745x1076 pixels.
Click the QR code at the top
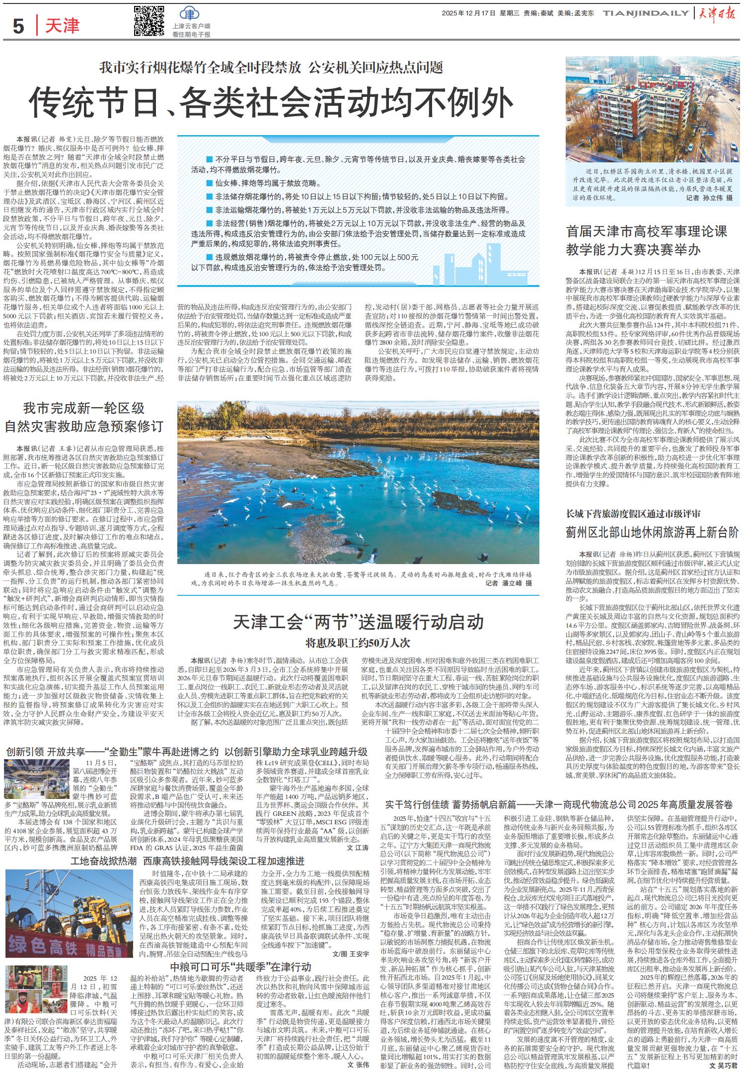pos(149,21)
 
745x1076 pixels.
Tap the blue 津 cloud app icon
pos(188,14)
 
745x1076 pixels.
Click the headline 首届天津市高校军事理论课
pos(647,231)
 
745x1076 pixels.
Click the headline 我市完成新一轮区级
pos(84,409)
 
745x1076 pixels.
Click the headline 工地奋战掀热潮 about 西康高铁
pos(188,861)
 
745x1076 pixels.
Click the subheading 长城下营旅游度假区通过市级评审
pos(633,513)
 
